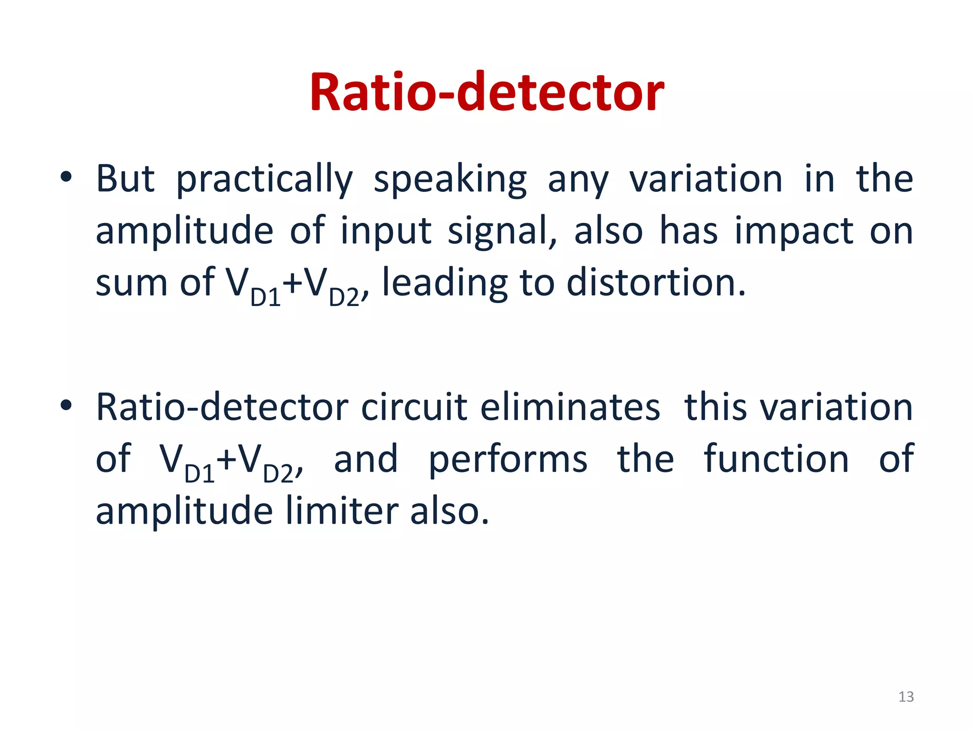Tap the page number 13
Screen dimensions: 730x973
906,697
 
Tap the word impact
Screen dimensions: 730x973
794,231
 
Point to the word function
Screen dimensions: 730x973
776,459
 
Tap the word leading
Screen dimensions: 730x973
445,284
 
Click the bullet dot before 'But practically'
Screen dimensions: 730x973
66,178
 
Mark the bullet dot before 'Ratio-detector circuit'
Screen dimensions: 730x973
66,405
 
